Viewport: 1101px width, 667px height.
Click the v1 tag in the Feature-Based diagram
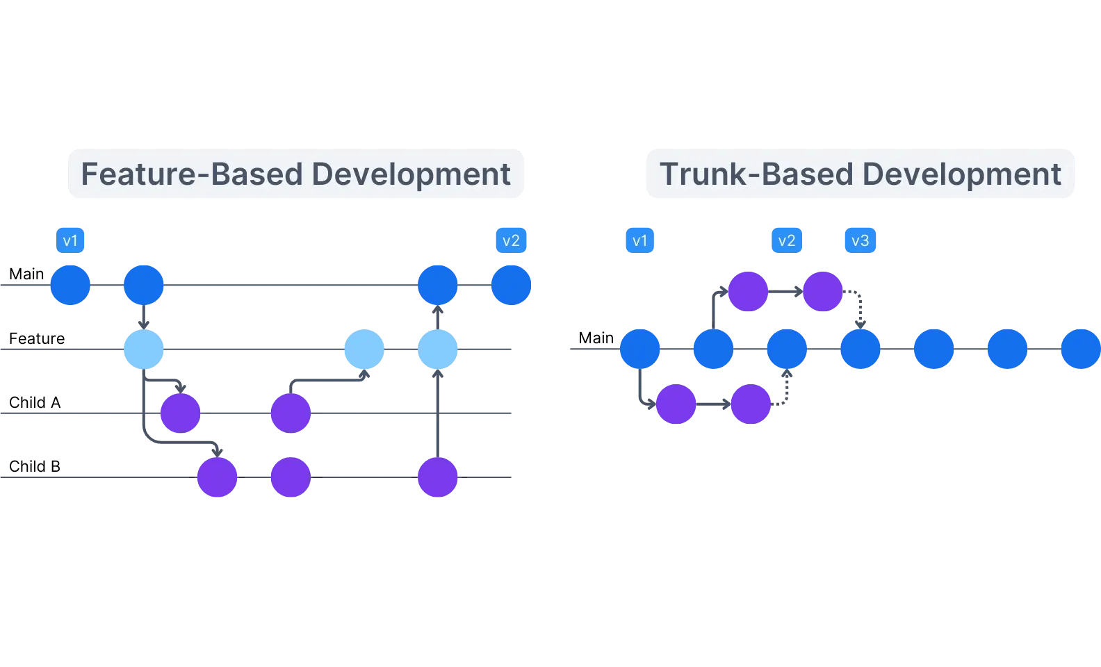point(70,240)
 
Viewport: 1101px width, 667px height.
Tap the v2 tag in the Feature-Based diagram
point(511,240)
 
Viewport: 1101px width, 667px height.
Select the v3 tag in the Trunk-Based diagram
point(860,240)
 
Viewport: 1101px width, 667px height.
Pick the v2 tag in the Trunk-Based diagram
point(787,240)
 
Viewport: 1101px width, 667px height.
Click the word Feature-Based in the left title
point(192,174)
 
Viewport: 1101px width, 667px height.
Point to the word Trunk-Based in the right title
point(756,174)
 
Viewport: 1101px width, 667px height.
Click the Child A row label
point(35,402)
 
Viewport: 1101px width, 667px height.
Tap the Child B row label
point(35,466)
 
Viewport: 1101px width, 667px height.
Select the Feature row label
point(37,338)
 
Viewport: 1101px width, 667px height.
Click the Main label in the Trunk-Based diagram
point(596,338)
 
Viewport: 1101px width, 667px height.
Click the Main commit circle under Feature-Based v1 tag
point(70,285)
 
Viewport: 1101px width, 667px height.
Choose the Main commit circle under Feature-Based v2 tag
point(512,285)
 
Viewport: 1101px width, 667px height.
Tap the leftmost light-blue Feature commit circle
point(144,349)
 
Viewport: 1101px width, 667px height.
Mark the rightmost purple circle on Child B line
point(438,477)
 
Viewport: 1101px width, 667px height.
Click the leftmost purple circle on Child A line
point(181,413)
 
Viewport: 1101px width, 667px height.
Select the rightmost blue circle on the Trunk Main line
point(1080,349)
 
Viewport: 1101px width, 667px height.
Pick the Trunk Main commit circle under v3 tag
point(861,349)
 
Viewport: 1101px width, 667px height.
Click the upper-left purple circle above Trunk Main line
point(749,292)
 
